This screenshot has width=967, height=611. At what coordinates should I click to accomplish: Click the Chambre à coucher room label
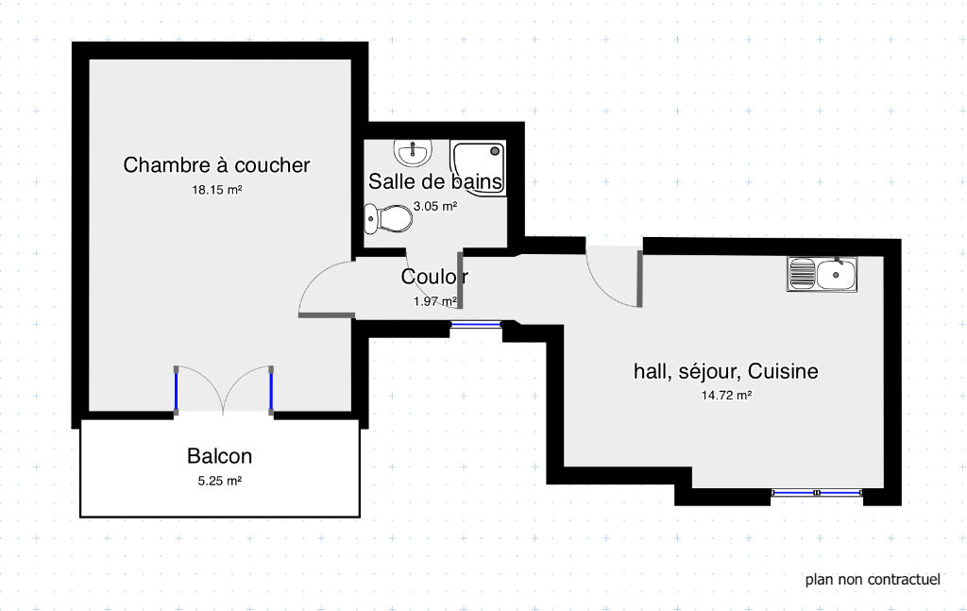(x=216, y=165)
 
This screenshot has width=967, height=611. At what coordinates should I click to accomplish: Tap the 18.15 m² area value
(x=216, y=190)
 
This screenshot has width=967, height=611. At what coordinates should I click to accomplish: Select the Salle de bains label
(x=435, y=181)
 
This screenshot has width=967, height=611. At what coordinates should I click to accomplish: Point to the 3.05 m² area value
(x=435, y=206)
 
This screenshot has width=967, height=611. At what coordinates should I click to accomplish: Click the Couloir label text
(x=434, y=277)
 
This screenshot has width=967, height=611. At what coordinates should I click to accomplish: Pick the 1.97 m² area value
(x=435, y=301)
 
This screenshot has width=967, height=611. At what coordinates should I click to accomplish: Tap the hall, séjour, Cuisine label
(x=726, y=371)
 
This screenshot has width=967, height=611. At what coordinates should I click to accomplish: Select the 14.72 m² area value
(x=726, y=395)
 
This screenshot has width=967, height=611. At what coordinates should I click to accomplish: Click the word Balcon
(x=219, y=456)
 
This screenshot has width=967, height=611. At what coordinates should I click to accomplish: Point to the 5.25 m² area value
(x=219, y=481)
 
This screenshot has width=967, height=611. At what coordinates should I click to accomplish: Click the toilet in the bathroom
(x=388, y=218)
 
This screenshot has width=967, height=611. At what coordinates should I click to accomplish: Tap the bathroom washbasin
(x=413, y=152)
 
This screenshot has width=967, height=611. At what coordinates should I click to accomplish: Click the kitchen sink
(x=823, y=274)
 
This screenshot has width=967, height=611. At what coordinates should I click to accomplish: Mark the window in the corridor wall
(x=476, y=324)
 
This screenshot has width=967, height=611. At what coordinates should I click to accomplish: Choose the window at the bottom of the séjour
(x=817, y=493)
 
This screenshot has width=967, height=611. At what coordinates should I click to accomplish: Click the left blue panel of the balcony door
(x=176, y=391)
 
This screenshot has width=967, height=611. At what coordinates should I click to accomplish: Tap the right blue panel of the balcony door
(x=271, y=391)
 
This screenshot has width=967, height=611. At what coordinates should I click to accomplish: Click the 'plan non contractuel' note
(x=873, y=580)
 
